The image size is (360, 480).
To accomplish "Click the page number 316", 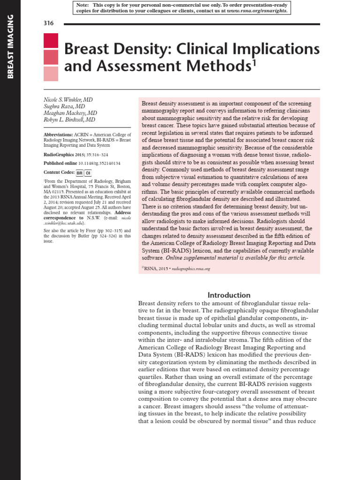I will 49,23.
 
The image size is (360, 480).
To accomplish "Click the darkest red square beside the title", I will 51,41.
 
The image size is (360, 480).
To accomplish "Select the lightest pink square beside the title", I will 51,74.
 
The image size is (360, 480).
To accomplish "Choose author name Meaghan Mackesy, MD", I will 70,113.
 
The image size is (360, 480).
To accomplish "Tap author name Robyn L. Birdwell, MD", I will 69,120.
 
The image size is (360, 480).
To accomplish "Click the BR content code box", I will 79,172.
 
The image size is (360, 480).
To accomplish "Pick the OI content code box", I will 87,172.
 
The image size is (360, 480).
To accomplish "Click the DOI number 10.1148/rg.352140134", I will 99,163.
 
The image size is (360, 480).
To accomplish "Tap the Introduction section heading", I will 229,295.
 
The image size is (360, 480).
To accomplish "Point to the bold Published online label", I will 60,163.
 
